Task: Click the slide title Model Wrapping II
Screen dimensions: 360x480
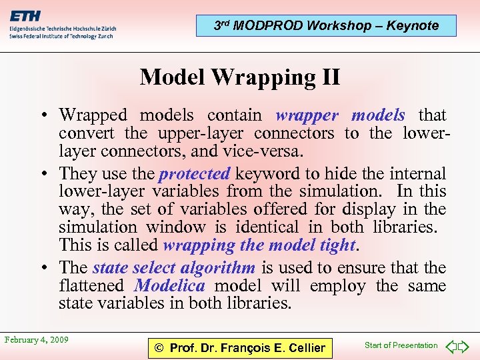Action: click(x=240, y=77)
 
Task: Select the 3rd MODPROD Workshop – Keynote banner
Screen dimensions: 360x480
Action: click(x=326, y=26)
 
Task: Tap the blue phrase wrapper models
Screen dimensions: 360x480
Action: click(x=339, y=115)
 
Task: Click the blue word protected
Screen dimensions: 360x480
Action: click(x=194, y=174)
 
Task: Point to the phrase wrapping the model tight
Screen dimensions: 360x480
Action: click(x=259, y=245)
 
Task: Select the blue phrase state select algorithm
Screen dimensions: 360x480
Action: click(x=173, y=268)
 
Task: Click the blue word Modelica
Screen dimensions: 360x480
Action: click(x=169, y=286)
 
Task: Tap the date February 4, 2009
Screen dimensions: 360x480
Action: click(x=36, y=340)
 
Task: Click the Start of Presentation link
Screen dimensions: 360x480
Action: click(x=401, y=345)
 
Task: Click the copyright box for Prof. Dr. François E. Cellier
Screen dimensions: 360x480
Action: click(x=239, y=347)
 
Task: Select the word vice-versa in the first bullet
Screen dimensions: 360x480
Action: click(x=266, y=151)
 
